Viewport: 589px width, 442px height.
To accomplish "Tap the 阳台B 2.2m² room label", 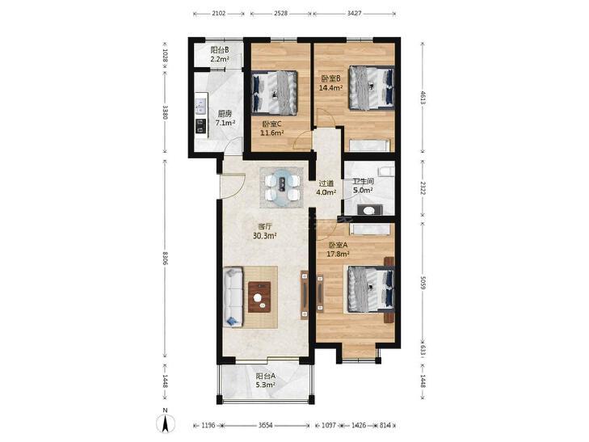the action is click(220, 54).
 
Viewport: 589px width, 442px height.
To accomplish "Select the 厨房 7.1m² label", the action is click(225, 118).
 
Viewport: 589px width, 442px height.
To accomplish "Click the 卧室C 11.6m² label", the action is click(271, 128).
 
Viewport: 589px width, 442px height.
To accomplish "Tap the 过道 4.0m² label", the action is click(326, 187).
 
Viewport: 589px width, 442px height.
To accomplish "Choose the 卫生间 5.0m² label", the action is click(363, 186).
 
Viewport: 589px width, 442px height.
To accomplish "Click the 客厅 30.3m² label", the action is click(265, 231).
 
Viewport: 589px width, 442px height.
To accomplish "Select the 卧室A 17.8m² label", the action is click(339, 250).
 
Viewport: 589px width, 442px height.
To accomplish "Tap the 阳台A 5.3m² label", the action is click(266, 380).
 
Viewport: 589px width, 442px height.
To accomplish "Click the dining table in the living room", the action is click(282, 187).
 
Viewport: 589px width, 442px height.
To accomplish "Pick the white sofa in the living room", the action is click(233, 297).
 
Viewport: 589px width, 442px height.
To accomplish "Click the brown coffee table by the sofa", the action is click(259, 297).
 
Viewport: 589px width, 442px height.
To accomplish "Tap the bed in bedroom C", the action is click(274, 93).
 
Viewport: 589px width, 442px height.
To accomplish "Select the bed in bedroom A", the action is click(371, 288).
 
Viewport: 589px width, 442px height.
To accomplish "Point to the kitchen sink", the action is click(201, 106).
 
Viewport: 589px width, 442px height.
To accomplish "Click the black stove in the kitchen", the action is click(201, 126).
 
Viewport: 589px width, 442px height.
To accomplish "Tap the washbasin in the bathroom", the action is click(369, 210).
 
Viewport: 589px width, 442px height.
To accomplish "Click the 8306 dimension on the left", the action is click(166, 258).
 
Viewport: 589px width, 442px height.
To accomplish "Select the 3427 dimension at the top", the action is click(354, 14).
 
